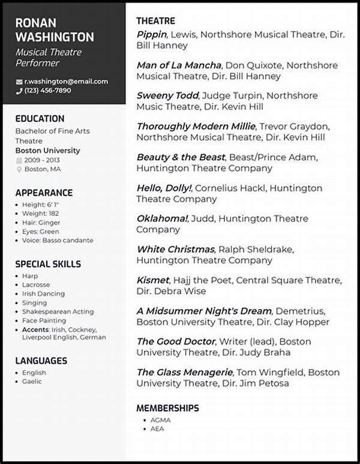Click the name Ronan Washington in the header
(54, 30)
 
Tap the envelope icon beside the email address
(19, 82)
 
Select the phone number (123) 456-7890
(47, 91)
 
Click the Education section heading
(40, 119)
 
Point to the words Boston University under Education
(47, 151)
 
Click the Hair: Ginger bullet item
(42, 222)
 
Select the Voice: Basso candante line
(58, 240)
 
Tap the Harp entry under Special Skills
(30, 276)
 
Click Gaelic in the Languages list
(32, 381)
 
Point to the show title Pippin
(151, 35)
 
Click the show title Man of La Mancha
(179, 65)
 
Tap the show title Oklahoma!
(163, 218)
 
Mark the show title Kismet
(152, 280)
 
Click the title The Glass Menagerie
(185, 372)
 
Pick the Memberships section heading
(167, 408)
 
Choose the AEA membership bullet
(157, 429)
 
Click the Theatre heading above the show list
(155, 21)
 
